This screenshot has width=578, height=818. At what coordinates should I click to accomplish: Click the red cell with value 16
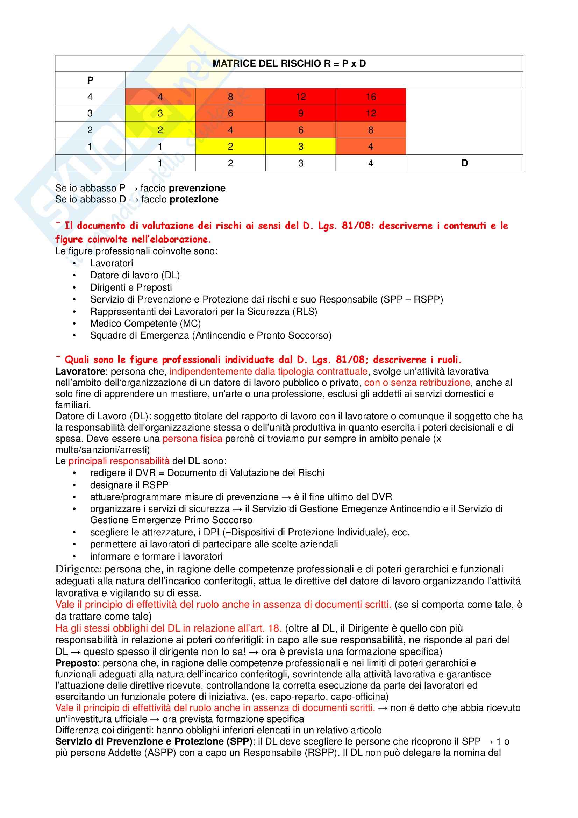click(371, 97)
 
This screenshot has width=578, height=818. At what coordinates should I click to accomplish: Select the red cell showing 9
click(301, 113)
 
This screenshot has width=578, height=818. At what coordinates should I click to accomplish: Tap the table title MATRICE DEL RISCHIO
click(289, 63)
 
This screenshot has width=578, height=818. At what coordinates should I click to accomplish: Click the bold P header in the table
click(90, 80)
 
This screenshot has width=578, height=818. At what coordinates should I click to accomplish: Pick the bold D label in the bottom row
click(464, 163)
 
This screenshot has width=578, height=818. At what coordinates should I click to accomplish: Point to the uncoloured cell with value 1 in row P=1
click(160, 147)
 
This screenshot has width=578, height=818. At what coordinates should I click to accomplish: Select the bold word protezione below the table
click(194, 199)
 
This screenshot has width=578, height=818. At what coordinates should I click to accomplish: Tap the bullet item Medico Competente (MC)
click(145, 323)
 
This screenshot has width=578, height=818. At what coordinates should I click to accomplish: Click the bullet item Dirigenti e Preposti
click(131, 287)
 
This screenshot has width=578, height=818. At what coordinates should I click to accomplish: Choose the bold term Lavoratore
click(80, 372)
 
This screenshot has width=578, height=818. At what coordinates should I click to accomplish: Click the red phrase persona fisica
click(192, 439)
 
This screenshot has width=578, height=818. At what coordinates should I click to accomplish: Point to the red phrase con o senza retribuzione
click(417, 383)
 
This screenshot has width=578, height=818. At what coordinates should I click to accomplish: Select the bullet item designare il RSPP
click(129, 485)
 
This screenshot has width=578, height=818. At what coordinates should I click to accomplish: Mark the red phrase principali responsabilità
click(119, 461)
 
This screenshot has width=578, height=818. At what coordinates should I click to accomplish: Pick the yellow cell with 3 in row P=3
click(160, 113)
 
